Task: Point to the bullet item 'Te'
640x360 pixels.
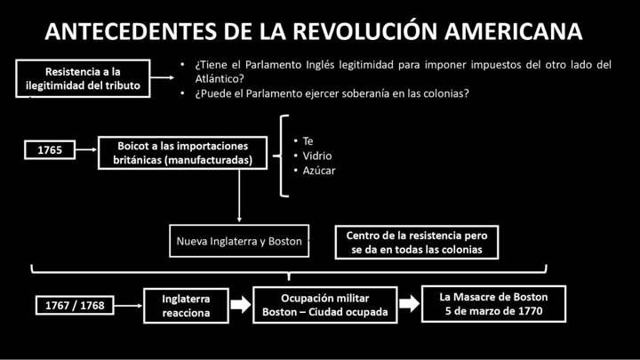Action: (308, 141)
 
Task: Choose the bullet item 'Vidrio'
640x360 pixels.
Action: (317, 156)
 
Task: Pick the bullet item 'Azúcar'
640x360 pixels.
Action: (319, 171)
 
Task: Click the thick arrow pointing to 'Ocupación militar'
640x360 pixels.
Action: (241, 304)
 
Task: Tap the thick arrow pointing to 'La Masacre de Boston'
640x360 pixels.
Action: (410, 303)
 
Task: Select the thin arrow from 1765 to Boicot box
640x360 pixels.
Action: (86, 150)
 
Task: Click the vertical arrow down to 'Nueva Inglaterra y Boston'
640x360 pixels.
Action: (239, 196)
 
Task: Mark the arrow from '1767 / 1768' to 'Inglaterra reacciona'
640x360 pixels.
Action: (129, 305)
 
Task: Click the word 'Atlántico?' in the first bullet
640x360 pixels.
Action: (220, 78)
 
